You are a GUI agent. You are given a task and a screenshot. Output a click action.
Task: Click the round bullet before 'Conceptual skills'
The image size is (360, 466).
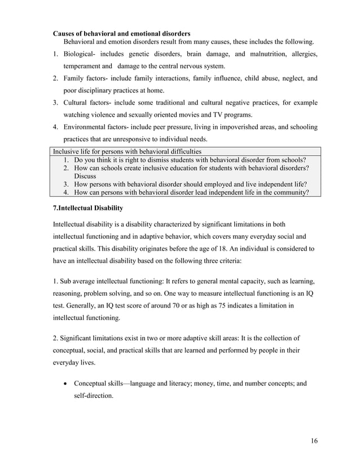click(67, 384)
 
